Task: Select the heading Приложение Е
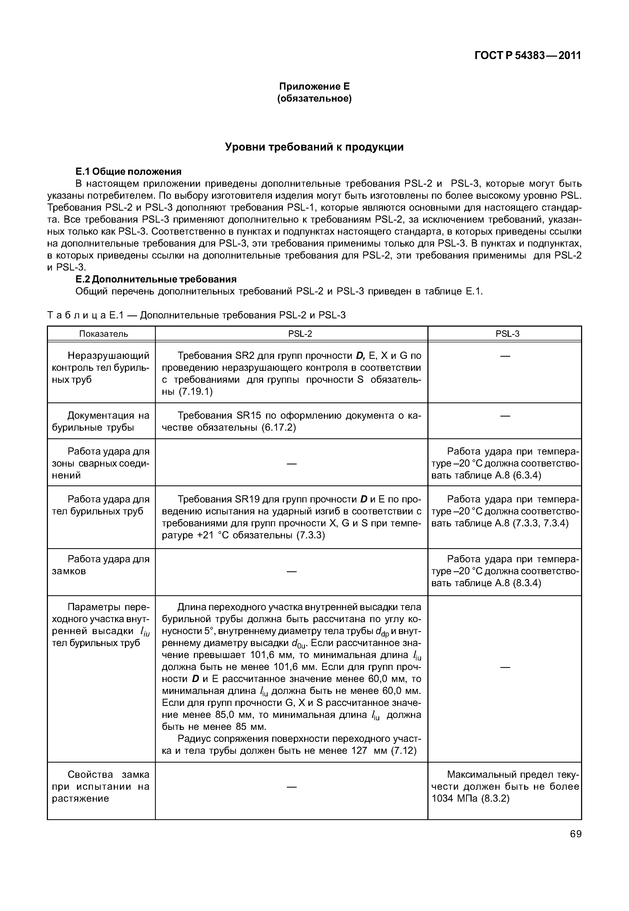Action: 314,86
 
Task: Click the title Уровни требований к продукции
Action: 314,147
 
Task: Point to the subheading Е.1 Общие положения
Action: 128,172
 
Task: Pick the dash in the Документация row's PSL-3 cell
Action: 505,416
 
